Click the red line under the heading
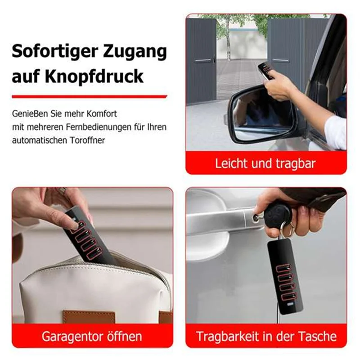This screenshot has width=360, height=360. pyautogui.click(x=89, y=96)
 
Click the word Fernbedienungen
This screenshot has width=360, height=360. pyautogui.click(x=99, y=127)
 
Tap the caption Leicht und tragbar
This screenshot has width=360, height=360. pyautogui.click(x=265, y=163)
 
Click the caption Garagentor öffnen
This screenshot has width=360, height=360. pyautogui.click(x=92, y=336)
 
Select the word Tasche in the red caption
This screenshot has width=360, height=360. pyautogui.click(x=317, y=336)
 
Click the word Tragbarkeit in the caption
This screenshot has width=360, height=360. pyautogui.click(x=233, y=336)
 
